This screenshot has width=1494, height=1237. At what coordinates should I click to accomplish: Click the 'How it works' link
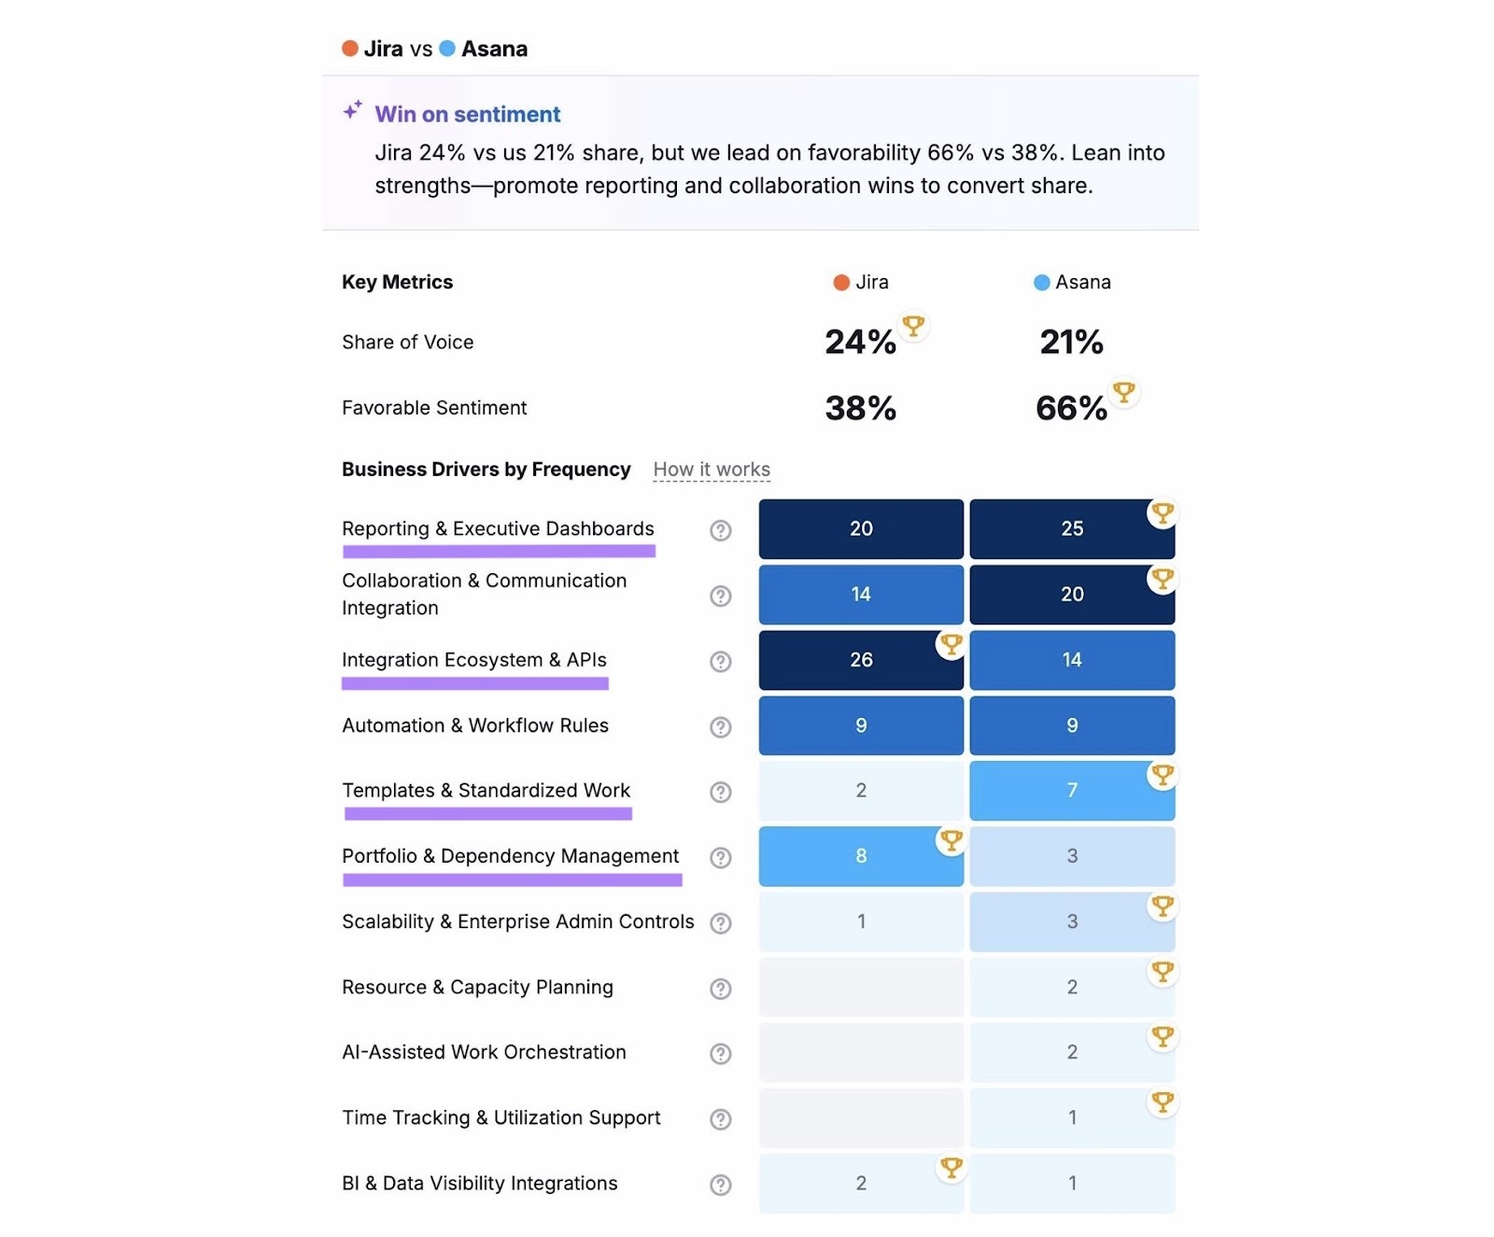(x=712, y=470)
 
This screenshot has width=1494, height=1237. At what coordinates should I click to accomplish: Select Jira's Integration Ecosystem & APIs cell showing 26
(x=860, y=660)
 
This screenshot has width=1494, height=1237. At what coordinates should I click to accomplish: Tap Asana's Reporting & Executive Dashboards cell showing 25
(x=1071, y=529)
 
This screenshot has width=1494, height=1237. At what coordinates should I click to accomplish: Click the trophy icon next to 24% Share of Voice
(x=912, y=326)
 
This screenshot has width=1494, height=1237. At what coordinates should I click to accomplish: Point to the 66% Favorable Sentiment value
(x=1070, y=408)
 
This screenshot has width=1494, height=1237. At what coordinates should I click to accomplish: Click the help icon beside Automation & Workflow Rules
(x=720, y=726)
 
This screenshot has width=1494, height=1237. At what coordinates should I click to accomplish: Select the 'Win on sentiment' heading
(x=467, y=115)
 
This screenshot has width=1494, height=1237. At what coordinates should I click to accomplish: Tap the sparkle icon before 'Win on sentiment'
(x=352, y=110)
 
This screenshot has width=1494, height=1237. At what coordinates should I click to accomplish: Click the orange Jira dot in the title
(x=350, y=49)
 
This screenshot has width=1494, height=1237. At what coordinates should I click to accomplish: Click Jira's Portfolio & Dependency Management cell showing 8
(x=860, y=856)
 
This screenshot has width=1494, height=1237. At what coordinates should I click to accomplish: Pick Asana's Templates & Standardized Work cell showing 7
(x=1071, y=791)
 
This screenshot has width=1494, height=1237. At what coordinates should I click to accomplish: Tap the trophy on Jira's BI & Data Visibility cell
(x=951, y=1167)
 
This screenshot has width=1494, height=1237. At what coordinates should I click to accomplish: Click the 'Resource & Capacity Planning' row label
(x=477, y=988)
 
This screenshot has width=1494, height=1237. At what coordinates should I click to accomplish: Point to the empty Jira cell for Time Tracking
(x=860, y=1118)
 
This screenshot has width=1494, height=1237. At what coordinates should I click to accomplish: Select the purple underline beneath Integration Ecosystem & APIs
(x=474, y=684)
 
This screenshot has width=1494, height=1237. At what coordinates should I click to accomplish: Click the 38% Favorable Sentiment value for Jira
(x=860, y=408)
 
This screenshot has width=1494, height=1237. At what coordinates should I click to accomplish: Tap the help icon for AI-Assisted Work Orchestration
(x=720, y=1053)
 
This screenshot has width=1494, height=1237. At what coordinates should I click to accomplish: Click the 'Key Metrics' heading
(x=397, y=282)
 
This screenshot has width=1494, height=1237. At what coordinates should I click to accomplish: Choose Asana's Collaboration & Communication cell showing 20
(x=1071, y=595)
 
